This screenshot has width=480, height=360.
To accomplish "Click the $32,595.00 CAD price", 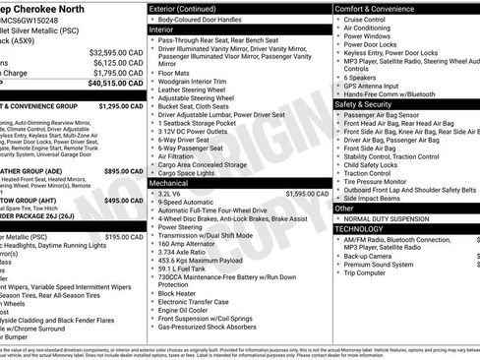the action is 116,52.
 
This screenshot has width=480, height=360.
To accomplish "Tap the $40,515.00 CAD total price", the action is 116,85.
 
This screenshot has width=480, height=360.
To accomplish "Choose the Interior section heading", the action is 168,30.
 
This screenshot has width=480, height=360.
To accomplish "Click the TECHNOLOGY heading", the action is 364,227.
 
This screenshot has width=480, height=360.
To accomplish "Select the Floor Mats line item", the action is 173,72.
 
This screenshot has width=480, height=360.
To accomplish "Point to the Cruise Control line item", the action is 365,19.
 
